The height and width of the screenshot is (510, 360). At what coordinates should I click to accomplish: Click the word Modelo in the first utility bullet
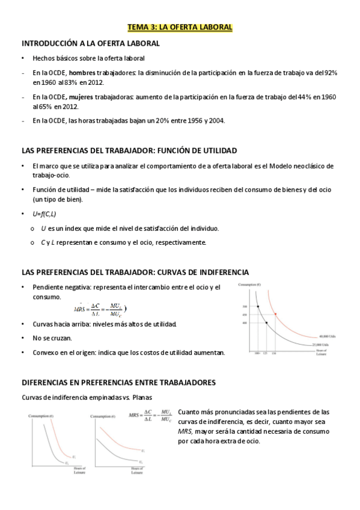[x=285, y=165]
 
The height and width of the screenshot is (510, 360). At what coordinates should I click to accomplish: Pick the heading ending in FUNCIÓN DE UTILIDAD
[x=129, y=150]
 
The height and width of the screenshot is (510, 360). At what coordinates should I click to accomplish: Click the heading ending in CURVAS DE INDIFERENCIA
[x=135, y=272]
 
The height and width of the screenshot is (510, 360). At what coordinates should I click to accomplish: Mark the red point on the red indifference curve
[x=275, y=315]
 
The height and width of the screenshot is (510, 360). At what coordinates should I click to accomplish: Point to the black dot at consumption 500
[x=258, y=307]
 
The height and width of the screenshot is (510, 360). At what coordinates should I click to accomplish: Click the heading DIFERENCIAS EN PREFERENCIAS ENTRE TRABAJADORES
[x=118, y=382]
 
